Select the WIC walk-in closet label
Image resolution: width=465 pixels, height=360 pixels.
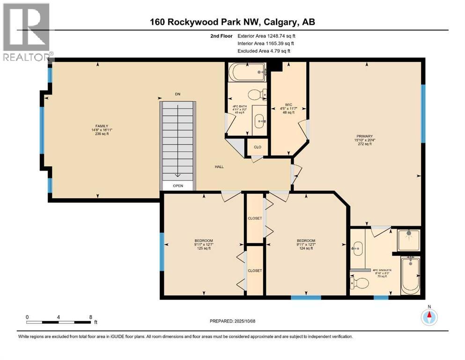pyautogui.click(x=288, y=105)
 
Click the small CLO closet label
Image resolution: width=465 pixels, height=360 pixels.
pyautogui.click(x=257, y=147)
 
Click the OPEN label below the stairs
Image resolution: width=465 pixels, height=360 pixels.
pyautogui.click(x=178, y=186)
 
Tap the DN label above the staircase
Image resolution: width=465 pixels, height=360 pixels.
pyautogui.click(x=177, y=94)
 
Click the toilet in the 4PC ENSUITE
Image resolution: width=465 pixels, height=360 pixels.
pyautogui.click(x=359, y=283)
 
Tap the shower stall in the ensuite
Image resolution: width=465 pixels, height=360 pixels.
pyautogui.click(x=409, y=240)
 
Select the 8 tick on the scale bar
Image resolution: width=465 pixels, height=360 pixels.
pyautogui.click(x=91, y=317)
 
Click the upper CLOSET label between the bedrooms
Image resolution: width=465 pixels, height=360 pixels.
pyautogui.click(x=255, y=218)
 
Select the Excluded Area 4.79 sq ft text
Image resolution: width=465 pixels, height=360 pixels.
pyautogui.click(x=264, y=51)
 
